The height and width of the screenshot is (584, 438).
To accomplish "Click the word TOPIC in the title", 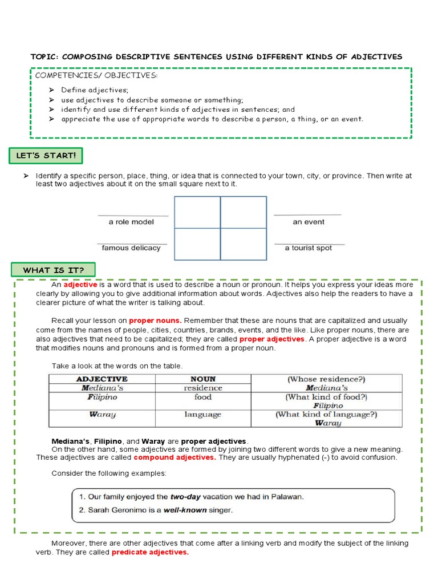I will pyautogui.click(x=44, y=56).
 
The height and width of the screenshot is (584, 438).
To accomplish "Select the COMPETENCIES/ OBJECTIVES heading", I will pyautogui.click(x=96, y=75).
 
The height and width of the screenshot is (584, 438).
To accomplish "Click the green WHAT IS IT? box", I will pyautogui.click(x=53, y=270).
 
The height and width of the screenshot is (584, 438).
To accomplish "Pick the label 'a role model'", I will pyautogui.click(x=131, y=222).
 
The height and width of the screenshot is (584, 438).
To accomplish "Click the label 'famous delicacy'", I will pyautogui.click(x=131, y=248).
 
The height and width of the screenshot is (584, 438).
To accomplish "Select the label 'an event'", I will pyautogui.click(x=309, y=222).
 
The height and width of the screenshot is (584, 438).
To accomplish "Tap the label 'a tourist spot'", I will pyautogui.click(x=309, y=248).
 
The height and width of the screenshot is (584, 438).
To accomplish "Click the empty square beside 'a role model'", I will pyautogui.click(x=197, y=212).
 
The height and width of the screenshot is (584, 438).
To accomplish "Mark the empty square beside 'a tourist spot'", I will pyautogui.click(x=244, y=244).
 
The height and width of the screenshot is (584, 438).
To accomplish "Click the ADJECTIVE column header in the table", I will pyautogui.click(x=102, y=379).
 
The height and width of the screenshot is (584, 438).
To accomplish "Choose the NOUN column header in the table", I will pyautogui.click(x=203, y=379).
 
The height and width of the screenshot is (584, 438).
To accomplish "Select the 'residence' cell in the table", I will pyautogui.click(x=203, y=388).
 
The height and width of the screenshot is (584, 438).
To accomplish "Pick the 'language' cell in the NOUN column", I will pyautogui.click(x=202, y=415).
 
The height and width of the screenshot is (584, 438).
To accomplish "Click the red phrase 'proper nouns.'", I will pyautogui.click(x=155, y=321).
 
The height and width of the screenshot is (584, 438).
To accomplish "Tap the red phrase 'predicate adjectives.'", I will pyautogui.click(x=150, y=553).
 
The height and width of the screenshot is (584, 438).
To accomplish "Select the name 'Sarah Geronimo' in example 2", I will pyautogui.click(x=116, y=510).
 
